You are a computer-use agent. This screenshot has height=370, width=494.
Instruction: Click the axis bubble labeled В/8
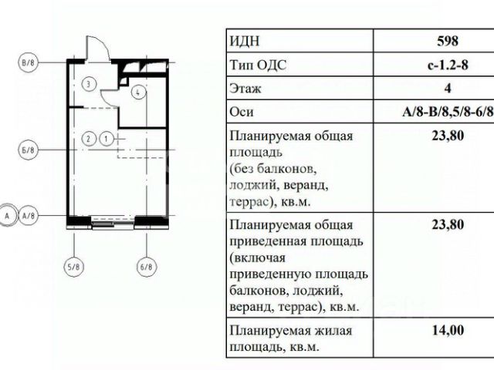click(28, 62)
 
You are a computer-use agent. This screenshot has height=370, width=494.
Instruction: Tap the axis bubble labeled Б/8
click(28, 150)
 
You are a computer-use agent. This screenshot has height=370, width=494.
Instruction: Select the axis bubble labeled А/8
click(29, 216)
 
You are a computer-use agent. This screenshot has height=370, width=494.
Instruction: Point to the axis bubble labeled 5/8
click(74, 267)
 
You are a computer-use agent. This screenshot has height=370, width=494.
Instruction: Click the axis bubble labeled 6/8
click(146, 267)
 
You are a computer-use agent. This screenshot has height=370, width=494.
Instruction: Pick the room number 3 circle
click(89, 84)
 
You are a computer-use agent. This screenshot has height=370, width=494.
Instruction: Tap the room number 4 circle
click(138, 92)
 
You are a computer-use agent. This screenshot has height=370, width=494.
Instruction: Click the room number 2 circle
click(89, 139)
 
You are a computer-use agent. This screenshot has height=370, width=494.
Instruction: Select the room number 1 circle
click(107, 139)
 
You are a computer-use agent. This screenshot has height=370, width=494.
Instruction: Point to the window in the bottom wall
click(113, 221)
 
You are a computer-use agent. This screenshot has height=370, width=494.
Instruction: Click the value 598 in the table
click(448, 41)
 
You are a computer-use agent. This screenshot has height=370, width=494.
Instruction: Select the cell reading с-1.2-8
click(448, 65)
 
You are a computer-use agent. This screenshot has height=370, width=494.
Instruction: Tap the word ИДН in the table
click(245, 41)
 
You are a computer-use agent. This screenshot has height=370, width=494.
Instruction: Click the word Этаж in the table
click(245, 89)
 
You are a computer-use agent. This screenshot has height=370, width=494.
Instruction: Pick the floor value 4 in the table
click(448, 88)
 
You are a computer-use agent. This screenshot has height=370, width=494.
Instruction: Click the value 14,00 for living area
click(448, 331)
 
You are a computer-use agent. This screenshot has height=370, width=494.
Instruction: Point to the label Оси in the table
click(242, 112)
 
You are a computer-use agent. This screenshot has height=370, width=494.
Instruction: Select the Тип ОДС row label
click(259, 65)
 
